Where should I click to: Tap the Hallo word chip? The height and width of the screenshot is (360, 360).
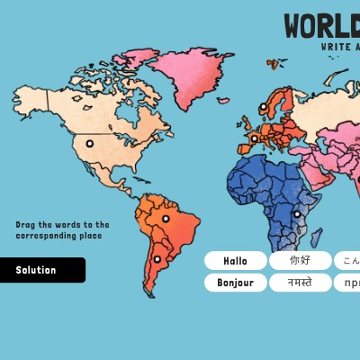(235, 261)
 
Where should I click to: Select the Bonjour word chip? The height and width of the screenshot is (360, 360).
(235, 283)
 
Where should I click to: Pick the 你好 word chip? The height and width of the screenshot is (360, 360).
(300, 261)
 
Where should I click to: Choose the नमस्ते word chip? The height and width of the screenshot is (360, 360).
(300, 283)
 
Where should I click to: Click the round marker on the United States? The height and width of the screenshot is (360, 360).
(89, 143)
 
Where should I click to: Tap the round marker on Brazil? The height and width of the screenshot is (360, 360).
(166, 219)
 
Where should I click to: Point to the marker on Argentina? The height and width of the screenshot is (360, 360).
(157, 259)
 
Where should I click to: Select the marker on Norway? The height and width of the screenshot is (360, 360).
(264, 107)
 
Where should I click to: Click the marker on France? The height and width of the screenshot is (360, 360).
(254, 139)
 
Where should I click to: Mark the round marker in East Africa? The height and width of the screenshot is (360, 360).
(297, 214)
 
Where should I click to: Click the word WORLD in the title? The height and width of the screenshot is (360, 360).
(320, 27)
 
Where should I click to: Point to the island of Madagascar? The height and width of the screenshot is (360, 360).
(317, 234)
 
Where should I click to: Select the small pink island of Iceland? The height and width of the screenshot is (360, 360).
(228, 100)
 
